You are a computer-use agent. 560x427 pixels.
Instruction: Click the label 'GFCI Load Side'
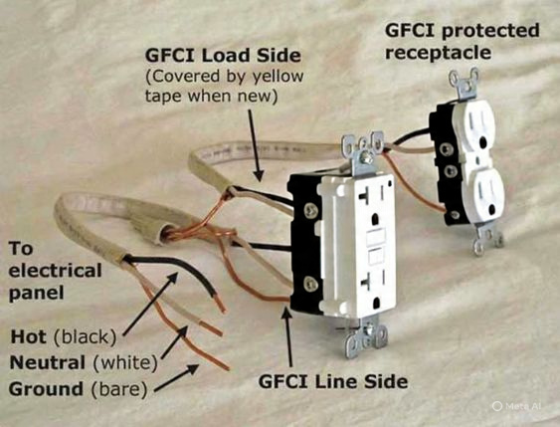[223, 56]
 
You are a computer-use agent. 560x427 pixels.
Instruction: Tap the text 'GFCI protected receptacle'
[463, 41]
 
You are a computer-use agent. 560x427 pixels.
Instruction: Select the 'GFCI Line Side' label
[333, 381]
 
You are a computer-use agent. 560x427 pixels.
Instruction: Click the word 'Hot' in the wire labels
[29, 336]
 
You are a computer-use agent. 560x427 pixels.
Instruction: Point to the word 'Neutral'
[48, 362]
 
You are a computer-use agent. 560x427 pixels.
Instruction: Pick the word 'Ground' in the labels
[46, 389]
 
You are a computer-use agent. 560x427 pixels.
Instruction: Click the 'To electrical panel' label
[55, 271]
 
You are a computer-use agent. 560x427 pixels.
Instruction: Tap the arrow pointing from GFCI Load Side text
[255, 145]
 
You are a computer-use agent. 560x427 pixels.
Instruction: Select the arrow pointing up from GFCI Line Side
[287, 336]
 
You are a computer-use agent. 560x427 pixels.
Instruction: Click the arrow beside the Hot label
[150, 305]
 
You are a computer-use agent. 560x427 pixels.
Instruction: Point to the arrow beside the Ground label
[176, 377]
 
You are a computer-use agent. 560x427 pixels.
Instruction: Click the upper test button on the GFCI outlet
[376, 237]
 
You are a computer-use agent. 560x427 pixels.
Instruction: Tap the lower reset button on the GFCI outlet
[376, 257]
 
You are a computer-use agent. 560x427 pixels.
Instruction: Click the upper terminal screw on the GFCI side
[310, 211]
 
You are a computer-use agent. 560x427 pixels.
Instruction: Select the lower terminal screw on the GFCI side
[310, 284]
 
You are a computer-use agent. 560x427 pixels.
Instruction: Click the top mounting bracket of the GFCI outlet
[362, 152]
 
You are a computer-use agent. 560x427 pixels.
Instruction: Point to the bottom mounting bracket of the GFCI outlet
[366, 338]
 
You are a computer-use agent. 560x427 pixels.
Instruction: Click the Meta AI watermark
[517, 406]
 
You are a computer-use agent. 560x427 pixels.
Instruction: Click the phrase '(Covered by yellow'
[225, 76]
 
